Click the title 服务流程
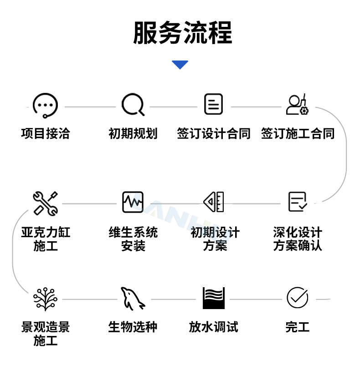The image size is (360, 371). click(x=182, y=33)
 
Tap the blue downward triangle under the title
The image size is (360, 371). click(x=180, y=65)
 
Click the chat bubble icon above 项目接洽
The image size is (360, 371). click(x=45, y=105)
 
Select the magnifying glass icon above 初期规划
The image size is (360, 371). click(x=133, y=105)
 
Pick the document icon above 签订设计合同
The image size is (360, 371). click(x=213, y=104)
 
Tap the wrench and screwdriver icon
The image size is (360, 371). click(x=46, y=203)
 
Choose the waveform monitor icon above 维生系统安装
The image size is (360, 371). click(x=133, y=202)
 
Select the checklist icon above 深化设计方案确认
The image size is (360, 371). click(x=298, y=202)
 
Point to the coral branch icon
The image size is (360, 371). click(x=46, y=299)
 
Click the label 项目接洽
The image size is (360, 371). click(x=46, y=133)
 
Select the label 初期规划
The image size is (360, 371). click(x=133, y=133)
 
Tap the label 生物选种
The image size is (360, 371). click(x=133, y=327)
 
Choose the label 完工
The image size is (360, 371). click(x=298, y=327)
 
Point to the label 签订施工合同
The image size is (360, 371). click(x=298, y=133)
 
